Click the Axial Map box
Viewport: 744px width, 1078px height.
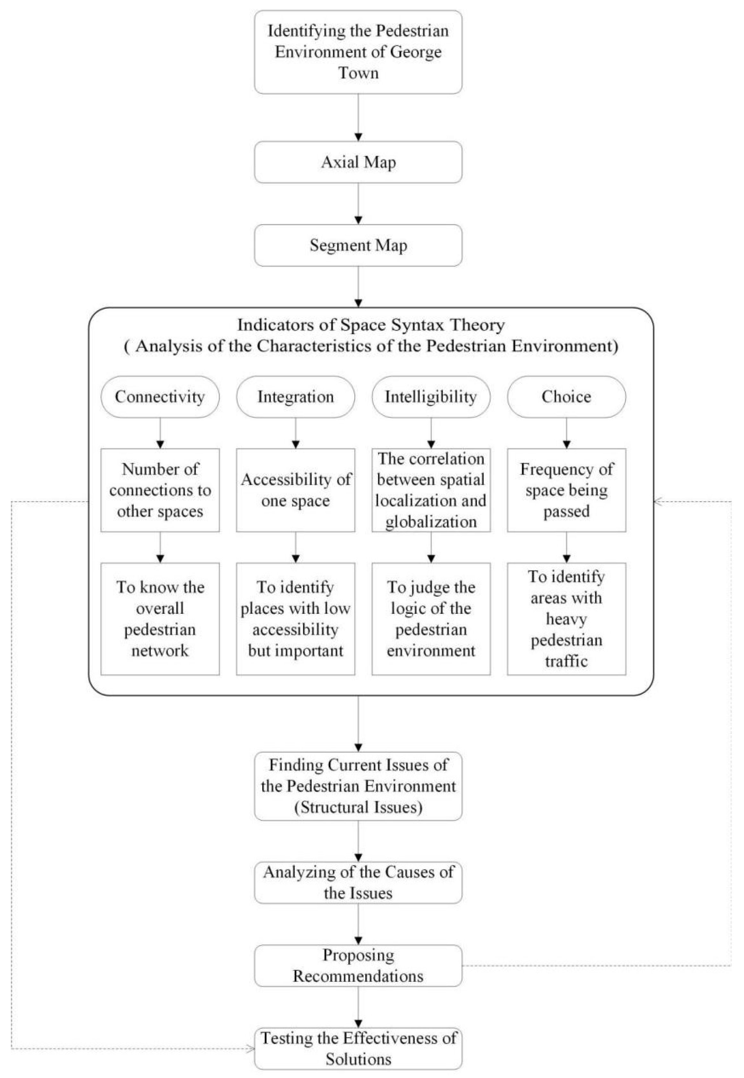(x=358, y=162)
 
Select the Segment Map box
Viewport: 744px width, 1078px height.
(x=358, y=245)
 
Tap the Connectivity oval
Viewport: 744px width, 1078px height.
(x=160, y=397)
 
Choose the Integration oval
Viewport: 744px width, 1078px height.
(x=296, y=397)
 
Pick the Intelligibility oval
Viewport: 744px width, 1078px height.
(x=431, y=397)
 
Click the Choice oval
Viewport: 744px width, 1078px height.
(x=566, y=397)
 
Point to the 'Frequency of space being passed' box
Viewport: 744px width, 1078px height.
(x=566, y=490)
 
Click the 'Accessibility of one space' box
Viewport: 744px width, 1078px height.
(x=296, y=490)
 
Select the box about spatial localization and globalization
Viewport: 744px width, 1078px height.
(x=431, y=490)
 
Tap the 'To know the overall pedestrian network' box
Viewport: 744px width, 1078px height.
(x=160, y=619)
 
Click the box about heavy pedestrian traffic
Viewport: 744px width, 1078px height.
(x=566, y=619)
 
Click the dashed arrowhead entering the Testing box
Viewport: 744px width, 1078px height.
(x=251, y=1049)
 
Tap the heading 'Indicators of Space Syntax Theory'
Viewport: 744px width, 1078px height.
(x=371, y=325)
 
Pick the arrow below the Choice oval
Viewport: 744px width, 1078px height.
(x=566, y=434)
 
